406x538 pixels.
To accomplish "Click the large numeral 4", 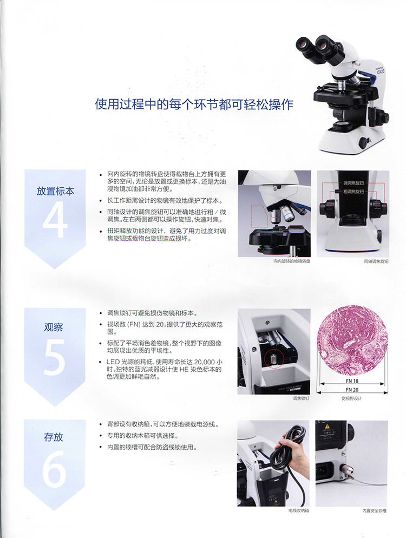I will point(55,221).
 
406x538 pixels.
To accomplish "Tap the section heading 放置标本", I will point(55,191).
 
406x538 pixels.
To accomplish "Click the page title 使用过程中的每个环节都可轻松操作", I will point(194,104).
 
